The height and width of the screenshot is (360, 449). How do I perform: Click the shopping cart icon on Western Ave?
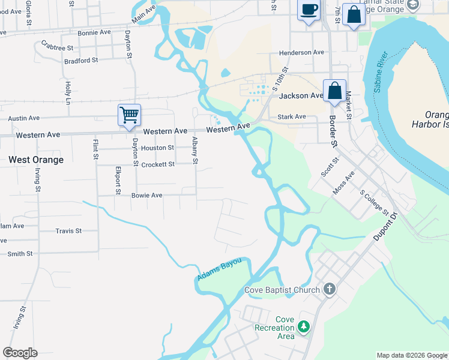[x=129, y=114]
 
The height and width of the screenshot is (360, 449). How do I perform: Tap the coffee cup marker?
[x=309, y=10]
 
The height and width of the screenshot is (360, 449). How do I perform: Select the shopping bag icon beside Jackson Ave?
[x=335, y=91]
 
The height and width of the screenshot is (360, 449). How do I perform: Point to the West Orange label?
[x=36, y=160]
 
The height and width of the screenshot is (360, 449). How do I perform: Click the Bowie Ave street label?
[x=147, y=195]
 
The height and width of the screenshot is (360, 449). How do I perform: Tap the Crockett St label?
[x=158, y=164]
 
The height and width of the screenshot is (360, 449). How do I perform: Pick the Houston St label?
[x=158, y=148]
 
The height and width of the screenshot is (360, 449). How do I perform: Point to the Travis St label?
[x=68, y=230]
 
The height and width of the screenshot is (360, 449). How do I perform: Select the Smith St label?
[x=20, y=254]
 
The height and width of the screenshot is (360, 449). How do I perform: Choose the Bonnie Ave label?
[x=94, y=32]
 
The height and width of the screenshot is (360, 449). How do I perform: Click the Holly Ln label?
[x=68, y=91]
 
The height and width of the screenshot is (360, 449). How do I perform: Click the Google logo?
[x=20, y=353]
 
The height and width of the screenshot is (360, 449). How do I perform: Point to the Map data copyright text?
[x=412, y=355]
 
